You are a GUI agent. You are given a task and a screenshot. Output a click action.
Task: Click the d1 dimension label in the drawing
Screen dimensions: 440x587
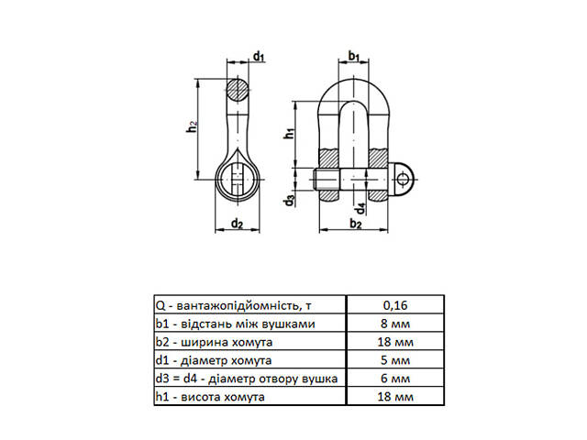260,58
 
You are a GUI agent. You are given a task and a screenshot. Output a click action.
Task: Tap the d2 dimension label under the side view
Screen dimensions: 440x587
237,223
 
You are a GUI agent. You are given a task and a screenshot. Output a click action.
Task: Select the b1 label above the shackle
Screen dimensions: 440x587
353,58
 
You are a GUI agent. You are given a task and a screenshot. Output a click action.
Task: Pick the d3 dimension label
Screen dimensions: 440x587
289,199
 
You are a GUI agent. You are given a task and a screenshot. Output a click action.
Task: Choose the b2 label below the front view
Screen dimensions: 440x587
356,223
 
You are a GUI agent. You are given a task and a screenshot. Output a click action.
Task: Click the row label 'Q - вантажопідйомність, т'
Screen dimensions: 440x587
237,304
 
